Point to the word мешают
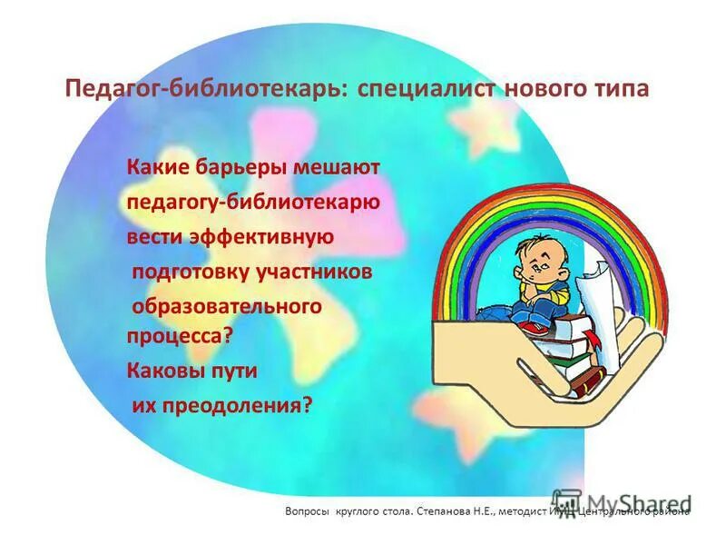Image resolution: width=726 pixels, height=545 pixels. tap(343, 168)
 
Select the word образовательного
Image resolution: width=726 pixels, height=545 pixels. tap(227, 306)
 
